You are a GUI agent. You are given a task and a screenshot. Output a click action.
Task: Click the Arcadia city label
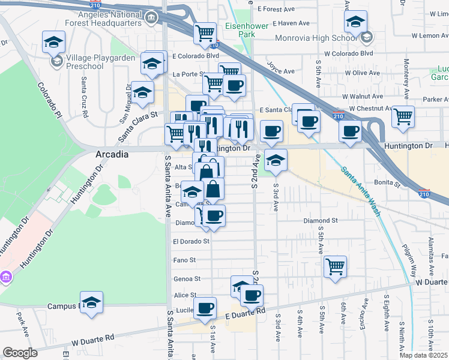point(112,154)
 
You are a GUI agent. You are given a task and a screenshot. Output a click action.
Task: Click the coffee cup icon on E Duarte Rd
point(205,308)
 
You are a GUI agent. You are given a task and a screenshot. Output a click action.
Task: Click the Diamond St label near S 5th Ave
point(321,221)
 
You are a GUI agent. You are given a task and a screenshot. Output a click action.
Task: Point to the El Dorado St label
point(191,241)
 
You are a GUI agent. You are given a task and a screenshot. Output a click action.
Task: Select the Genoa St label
point(187,279)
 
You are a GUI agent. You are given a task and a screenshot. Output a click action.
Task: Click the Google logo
point(20,353)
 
